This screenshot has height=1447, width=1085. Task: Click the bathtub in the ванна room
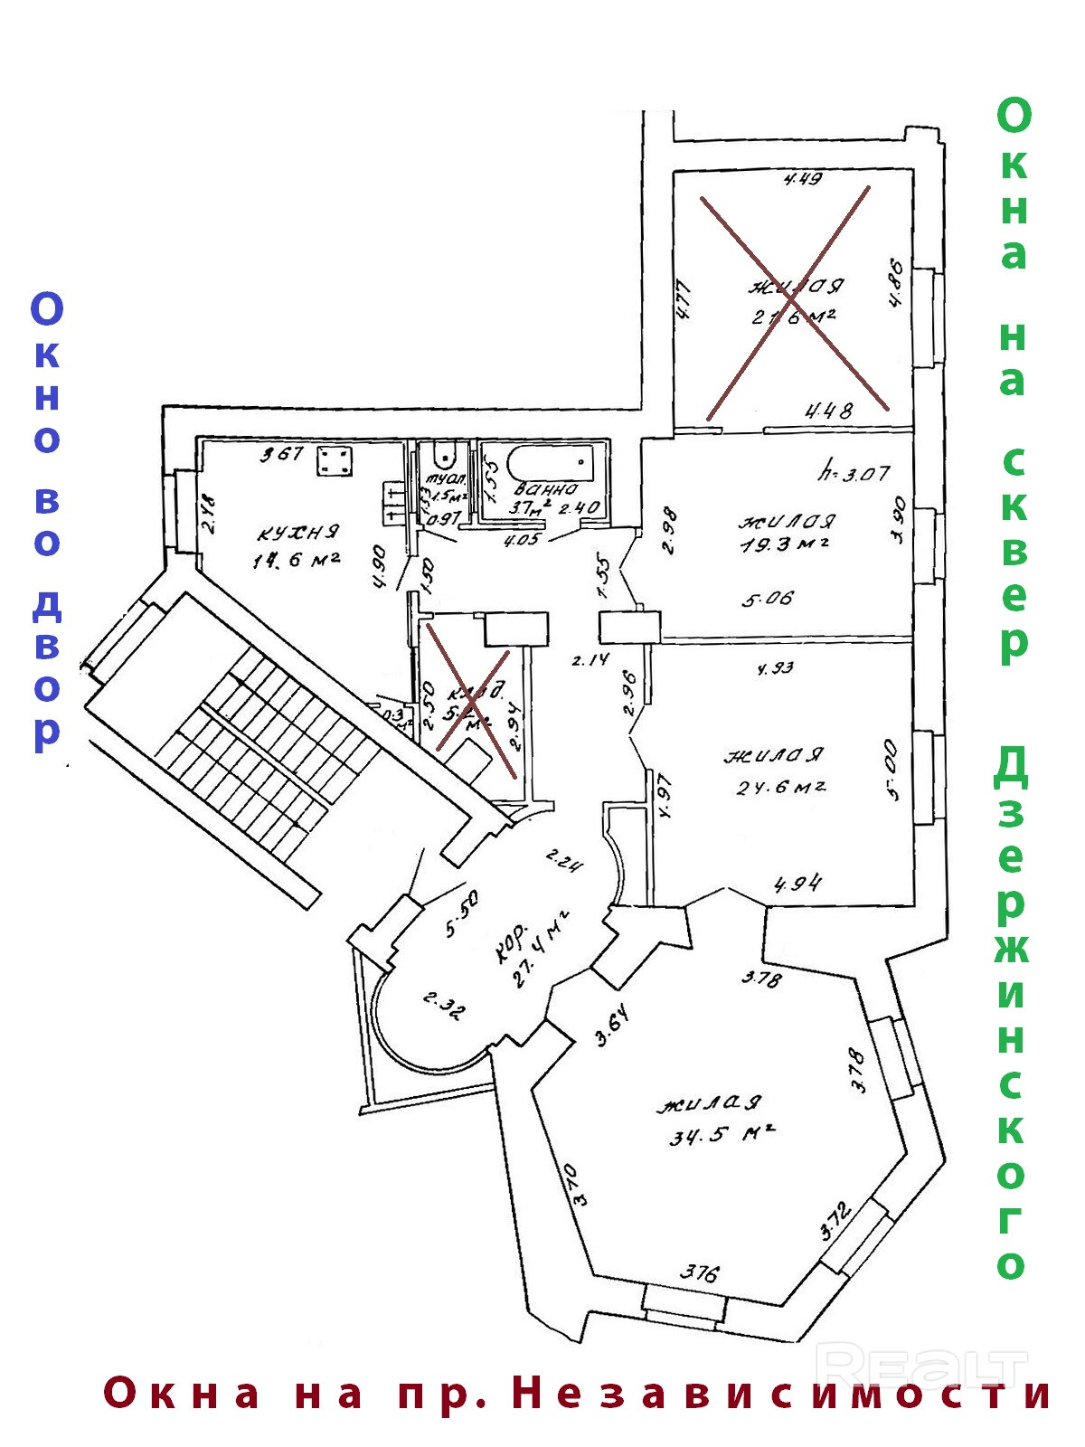coord(550,465)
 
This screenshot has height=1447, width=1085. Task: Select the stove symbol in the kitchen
coord(335,461)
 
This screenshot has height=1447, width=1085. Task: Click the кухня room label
coord(297,532)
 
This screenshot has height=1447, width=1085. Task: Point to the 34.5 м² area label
coord(722,1133)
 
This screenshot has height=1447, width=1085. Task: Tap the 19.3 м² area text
coord(785,544)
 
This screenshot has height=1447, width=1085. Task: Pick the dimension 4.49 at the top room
coord(802,179)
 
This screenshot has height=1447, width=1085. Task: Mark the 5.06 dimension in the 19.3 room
coord(768,598)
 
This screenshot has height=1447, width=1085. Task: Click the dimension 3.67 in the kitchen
coord(282,453)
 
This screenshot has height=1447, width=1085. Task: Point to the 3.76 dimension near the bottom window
coord(700,1273)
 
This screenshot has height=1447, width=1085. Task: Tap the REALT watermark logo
coord(922,1366)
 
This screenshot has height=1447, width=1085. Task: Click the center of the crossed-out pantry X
coord(470,701)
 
